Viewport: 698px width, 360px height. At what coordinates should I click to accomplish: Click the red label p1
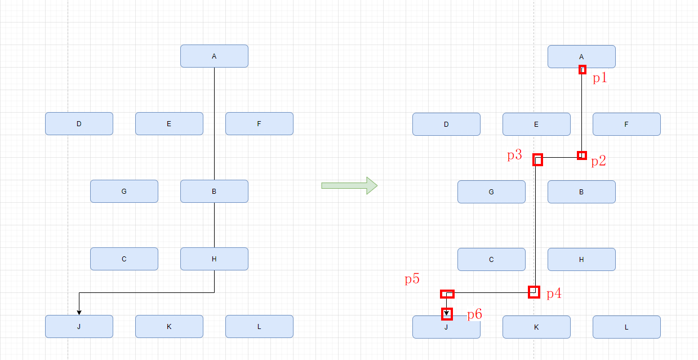pyautogui.click(x=600, y=78)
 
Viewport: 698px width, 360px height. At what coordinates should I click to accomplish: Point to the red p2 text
pyautogui.click(x=598, y=161)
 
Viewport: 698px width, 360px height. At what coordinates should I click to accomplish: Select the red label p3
pyautogui.click(x=514, y=155)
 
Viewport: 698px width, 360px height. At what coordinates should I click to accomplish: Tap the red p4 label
pyautogui.click(x=554, y=294)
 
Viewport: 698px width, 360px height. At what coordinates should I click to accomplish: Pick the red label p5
pyautogui.click(x=412, y=279)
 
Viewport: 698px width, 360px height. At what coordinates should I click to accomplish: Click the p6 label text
pyautogui.click(x=474, y=315)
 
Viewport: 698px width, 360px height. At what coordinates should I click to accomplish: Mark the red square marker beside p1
pyautogui.click(x=583, y=70)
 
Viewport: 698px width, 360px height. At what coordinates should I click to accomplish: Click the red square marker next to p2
pyautogui.click(x=582, y=155)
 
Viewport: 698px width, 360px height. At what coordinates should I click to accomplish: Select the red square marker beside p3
pyautogui.click(x=538, y=160)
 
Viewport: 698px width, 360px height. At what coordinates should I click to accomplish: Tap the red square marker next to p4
pyautogui.click(x=534, y=292)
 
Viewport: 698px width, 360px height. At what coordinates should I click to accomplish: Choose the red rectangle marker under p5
pyautogui.click(x=447, y=294)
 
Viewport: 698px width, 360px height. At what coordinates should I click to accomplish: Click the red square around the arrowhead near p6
pyautogui.click(x=447, y=314)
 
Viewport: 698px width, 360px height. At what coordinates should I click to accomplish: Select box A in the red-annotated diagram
pyautogui.click(x=581, y=56)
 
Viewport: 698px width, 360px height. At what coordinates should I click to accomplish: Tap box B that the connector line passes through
pyautogui.click(x=214, y=192)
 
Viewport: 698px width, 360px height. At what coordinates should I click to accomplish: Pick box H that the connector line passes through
pyautogui.click(x=214, y=259)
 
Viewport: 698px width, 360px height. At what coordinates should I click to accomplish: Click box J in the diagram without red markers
pyautogui.click(x=79, y=327)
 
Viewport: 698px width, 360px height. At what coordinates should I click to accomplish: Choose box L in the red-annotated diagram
pyautogui.click(x=626, y=327)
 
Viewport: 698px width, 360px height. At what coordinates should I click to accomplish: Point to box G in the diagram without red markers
pyautogui.click(x=124, y=192)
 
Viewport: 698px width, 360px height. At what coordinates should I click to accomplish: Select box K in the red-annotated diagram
pyautogui.click(x=536, y=327)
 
